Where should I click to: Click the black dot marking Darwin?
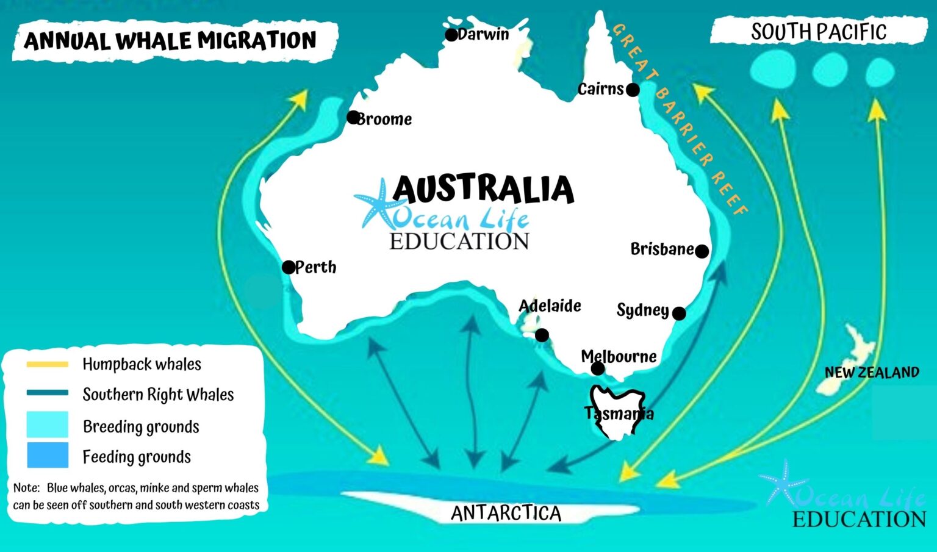click(451, 35)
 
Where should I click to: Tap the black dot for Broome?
click(353, 117)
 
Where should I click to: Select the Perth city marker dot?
click(289, 267)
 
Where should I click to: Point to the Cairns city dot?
click(633, 90)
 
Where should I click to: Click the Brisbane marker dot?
click(702, 251)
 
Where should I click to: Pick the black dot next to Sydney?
click(678, 313)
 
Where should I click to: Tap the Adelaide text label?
click(550, 306)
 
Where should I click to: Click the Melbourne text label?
click(619, 356)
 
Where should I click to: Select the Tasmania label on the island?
click(619, 414)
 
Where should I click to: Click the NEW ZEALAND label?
click(871, 372)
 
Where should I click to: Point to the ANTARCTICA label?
click(506, 513)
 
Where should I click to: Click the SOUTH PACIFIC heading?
click(818, 32)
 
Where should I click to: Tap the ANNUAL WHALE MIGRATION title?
click(170, 41)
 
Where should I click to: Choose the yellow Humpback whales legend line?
click(48, 365)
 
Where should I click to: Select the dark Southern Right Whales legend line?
click(48, 393)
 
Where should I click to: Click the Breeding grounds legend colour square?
click(48, 425)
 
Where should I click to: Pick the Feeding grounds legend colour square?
click(48, 455)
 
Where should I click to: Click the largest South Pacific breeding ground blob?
click(773, 69)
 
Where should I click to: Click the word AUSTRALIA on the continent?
click(483, 188)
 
